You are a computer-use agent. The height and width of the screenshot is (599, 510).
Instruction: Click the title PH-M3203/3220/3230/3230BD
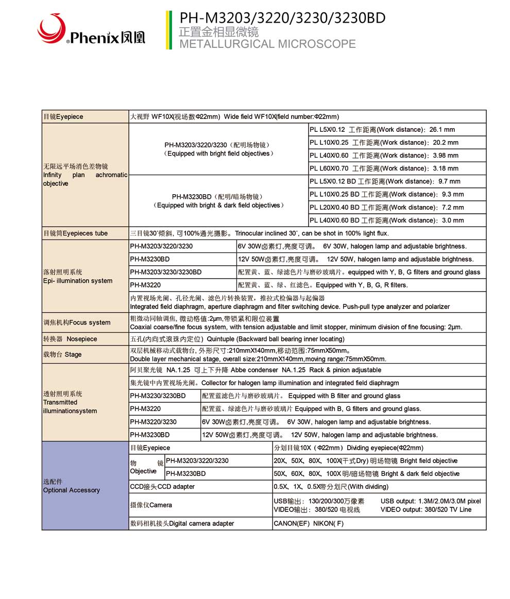[282, 18]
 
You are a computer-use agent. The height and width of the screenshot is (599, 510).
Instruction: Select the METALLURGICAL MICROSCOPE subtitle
[267, 44]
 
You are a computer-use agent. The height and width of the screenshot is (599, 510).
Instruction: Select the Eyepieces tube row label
[75, 233]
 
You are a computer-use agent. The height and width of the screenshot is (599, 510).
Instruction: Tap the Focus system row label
[76, 322]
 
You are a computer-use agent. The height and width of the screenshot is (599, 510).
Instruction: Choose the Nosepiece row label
[70, 339]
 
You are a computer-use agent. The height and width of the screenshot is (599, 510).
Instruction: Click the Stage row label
[62, 354]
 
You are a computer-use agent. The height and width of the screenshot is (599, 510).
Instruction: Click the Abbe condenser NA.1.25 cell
[256, 370]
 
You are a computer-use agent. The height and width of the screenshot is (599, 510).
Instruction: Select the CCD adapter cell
[162, 486]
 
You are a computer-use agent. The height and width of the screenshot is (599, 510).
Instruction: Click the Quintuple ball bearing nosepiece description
[237, 339]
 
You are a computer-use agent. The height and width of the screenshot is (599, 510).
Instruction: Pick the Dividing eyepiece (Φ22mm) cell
[349, 448]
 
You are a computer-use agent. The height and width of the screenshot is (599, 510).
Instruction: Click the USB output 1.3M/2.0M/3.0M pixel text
[430, 501]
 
